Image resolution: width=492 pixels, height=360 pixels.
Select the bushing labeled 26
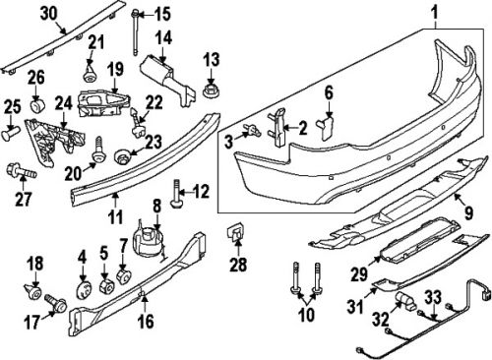[x=34, y=101]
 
